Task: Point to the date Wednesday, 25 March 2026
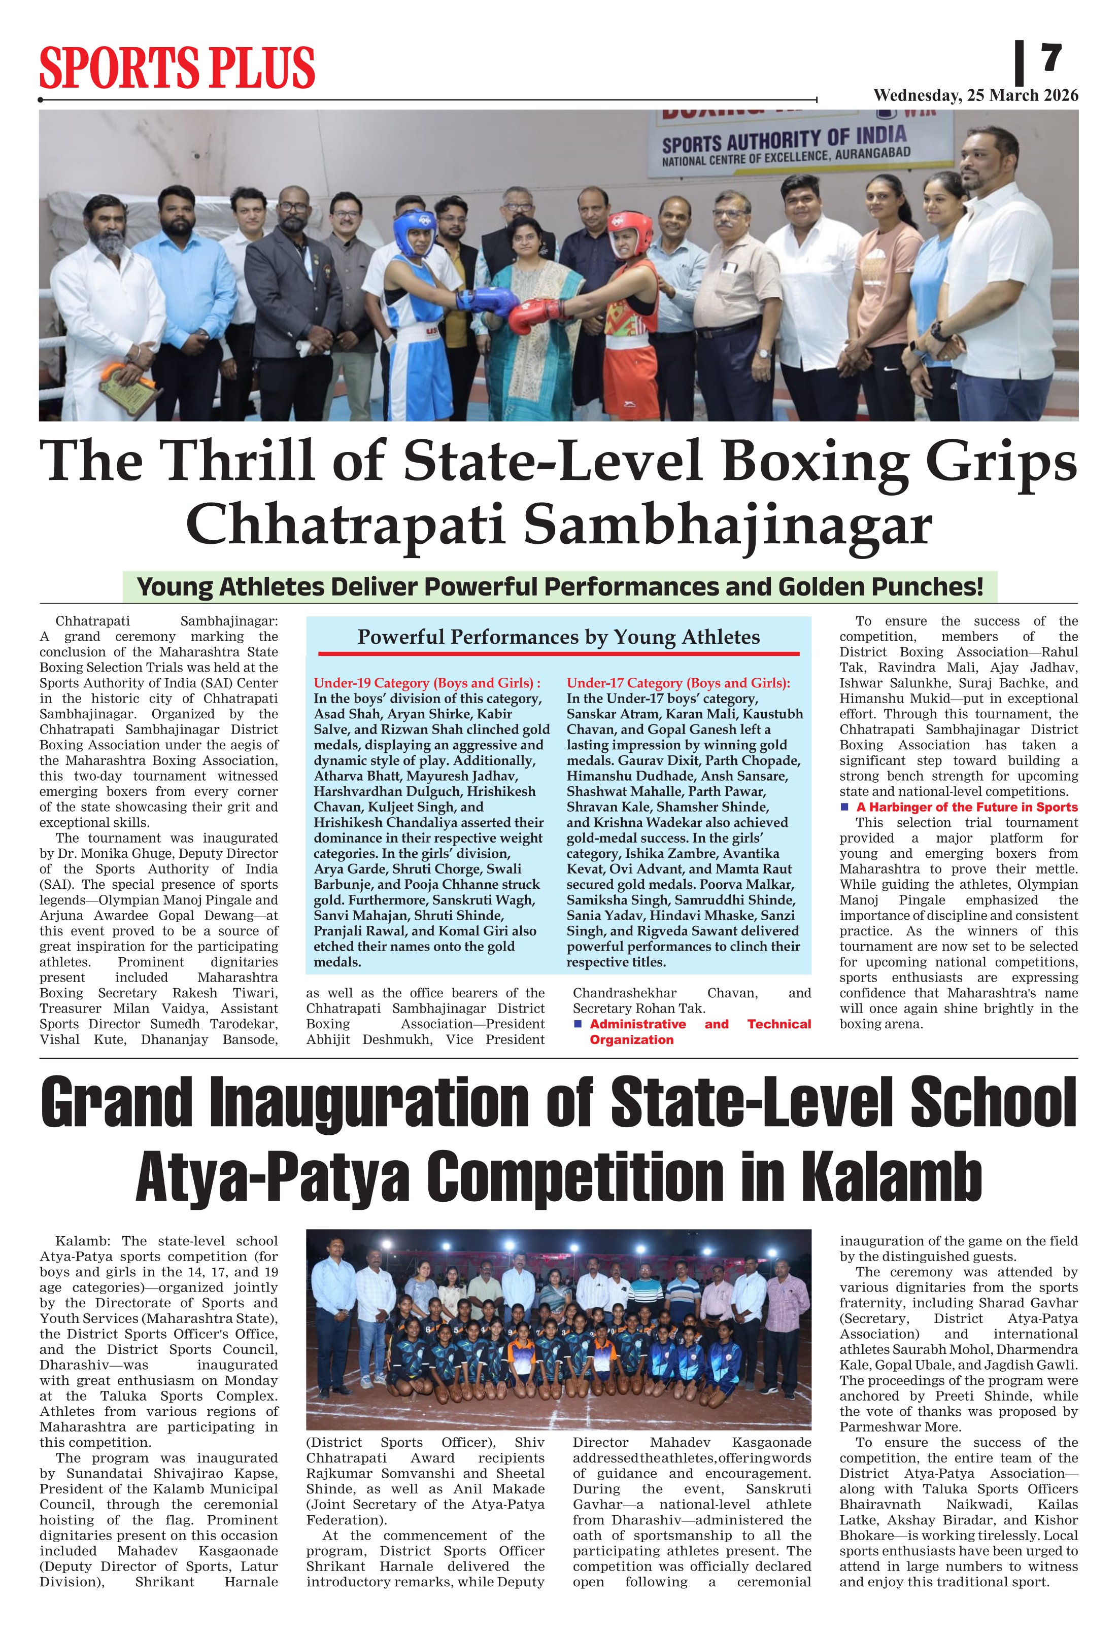tap(975, 96)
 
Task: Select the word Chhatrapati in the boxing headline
tap(344, 526)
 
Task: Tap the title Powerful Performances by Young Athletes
tap(558, 637)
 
